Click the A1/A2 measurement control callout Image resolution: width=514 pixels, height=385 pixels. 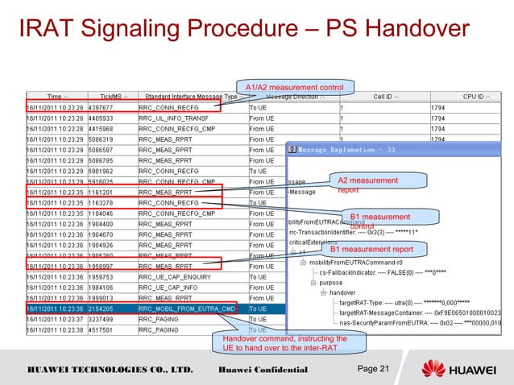[x=295, y=87]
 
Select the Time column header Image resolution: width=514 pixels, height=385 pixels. [x=56, y=97]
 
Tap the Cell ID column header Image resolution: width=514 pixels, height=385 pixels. [x=384, y=97]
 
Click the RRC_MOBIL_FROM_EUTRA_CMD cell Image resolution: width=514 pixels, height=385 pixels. [x=187, y=308]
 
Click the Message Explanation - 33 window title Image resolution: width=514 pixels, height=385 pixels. [x=346, y=149]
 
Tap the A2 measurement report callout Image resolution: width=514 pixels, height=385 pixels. [x=367, y=185]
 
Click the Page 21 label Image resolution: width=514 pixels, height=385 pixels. [x=372, y=368]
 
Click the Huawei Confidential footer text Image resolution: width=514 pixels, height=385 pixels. [x=263, y=369]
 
